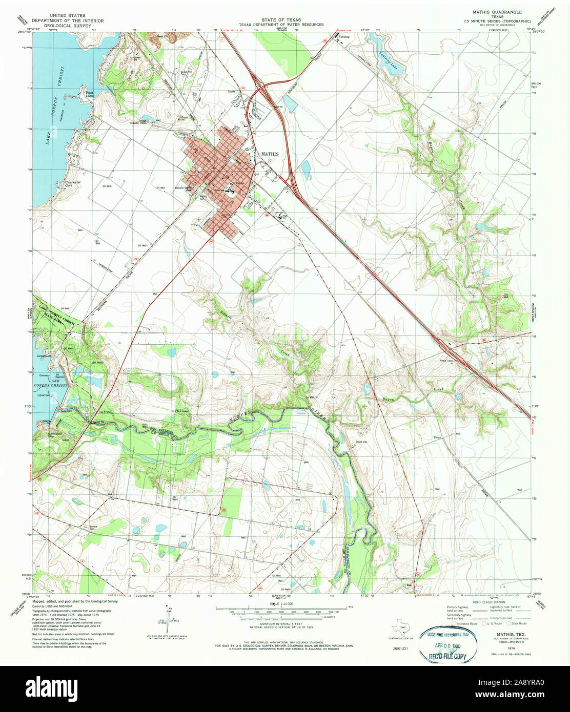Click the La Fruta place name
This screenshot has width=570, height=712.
(105, 411)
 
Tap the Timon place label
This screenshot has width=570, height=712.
(437, 437)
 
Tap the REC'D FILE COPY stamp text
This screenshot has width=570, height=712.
(448, 656)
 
